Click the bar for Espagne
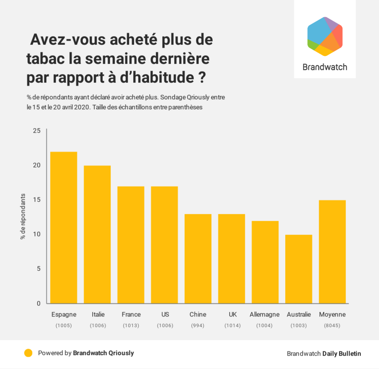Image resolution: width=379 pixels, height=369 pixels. pyautogui.click(x=64, y=228)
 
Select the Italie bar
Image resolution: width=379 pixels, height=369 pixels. pyautogui.click(x=97, y=235)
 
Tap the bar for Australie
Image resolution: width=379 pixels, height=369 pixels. pyautogui.click(x=299, y=269)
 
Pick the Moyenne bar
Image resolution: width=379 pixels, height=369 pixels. pyautogui.click(x=332, y=252)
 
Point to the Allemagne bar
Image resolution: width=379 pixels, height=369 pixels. pyautogui.click(x=265, y=262)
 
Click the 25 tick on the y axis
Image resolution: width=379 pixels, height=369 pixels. pyautogui.click(x=37, y=131)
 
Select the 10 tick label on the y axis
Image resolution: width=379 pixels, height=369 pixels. pyautogui.click(x=37, y=234)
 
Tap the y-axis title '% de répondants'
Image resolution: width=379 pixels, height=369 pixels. pyautogui.click(x=23, y=217)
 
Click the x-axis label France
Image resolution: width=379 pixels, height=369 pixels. pyautogui.click(x=131, y=315)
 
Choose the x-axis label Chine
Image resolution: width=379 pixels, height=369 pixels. pyautogui.click(x=198, y=315)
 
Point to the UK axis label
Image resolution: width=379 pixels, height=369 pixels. pyautogui.click(x=233, y=315)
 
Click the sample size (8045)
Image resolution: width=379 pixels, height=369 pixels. pyautogui.click(x=332, y=326)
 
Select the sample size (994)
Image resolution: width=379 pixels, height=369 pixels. pyautogui.click(x=198, y=326)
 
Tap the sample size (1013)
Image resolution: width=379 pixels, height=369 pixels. pyautogui.click(x=131, y=326)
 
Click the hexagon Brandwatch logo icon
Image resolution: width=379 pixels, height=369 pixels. pyautogui.click(x=325, y=36)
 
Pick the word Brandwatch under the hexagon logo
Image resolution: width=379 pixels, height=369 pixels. pyautogui.click(x=325, y=67)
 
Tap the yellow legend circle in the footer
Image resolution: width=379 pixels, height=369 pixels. pyautogui.click(x=28, y=353)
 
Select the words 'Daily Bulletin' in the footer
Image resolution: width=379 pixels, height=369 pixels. pyautogui.click(x=341, y=354)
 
